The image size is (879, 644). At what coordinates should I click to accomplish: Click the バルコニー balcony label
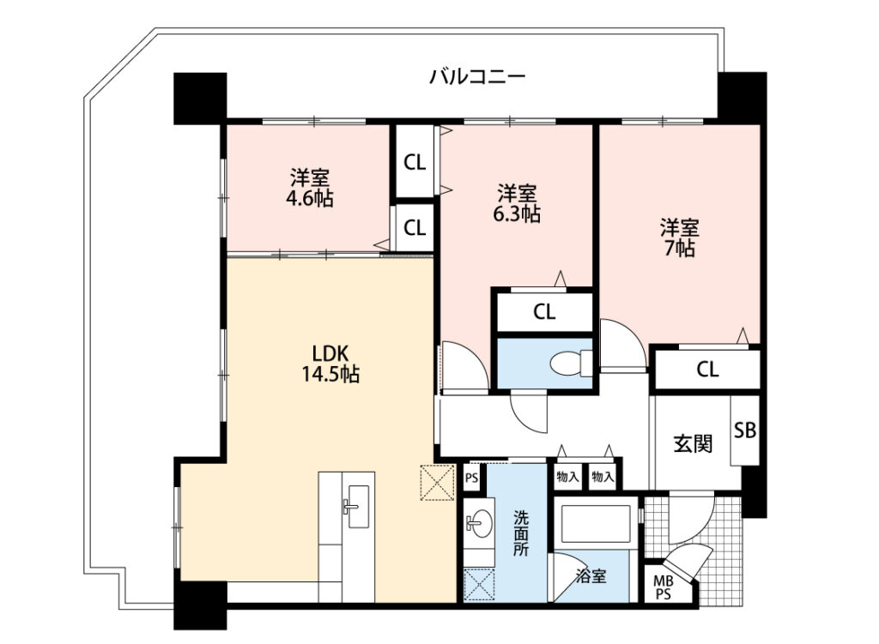point(477,76)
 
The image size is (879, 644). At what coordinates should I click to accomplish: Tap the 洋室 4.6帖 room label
point(309,188)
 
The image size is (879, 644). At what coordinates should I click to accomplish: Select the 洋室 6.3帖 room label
point(517,204)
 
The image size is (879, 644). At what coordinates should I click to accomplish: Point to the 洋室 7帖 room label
point(680,238)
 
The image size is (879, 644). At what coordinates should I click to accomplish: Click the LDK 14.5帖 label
point(330,364)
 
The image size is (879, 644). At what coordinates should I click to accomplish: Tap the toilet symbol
point(571,363)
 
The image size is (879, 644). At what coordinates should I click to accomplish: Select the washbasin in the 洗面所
point(478,525)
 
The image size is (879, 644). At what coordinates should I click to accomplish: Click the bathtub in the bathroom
point(596,524)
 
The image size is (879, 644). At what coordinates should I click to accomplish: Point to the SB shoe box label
point(745,430)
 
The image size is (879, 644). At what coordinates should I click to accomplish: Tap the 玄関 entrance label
point(693,444)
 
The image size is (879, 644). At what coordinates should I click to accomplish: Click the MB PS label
point(664,588)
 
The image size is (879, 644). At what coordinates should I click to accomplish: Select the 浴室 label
point(591,575)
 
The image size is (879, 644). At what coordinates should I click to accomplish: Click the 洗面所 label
point(521,533)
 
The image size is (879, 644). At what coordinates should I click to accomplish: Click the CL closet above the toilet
point(544,312)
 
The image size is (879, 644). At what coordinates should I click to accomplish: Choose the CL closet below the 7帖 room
point(707,369)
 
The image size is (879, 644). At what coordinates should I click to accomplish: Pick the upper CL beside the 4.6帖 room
point(415,162)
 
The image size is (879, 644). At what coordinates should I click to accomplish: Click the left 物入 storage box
point(567,477)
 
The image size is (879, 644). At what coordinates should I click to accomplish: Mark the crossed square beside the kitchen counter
point(437,483)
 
